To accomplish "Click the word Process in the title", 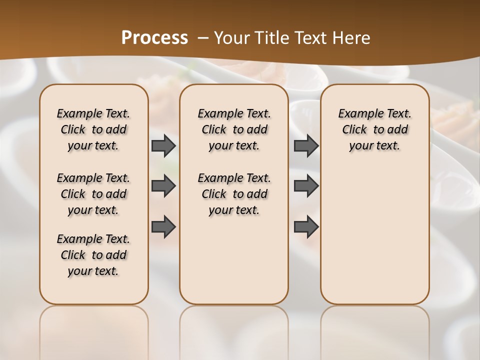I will (154, 38).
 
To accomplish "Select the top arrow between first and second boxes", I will (163, 146).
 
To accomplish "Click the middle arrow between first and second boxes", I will (163, 186).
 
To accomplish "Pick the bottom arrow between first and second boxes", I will (163, 226).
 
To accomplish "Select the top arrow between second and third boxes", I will (306, 146).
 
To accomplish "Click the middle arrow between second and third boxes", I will (306, 186).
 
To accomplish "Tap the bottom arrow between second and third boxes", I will (306, 226).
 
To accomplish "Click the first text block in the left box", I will (93, 129).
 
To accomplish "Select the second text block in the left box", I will (93, 194).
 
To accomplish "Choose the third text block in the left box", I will (93, 255).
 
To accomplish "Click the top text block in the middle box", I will (234, 129).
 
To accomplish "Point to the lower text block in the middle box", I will (234, 194).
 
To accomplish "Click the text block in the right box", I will (374, 129).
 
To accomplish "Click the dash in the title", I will (203, 38).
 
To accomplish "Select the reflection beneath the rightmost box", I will (374, 330).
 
